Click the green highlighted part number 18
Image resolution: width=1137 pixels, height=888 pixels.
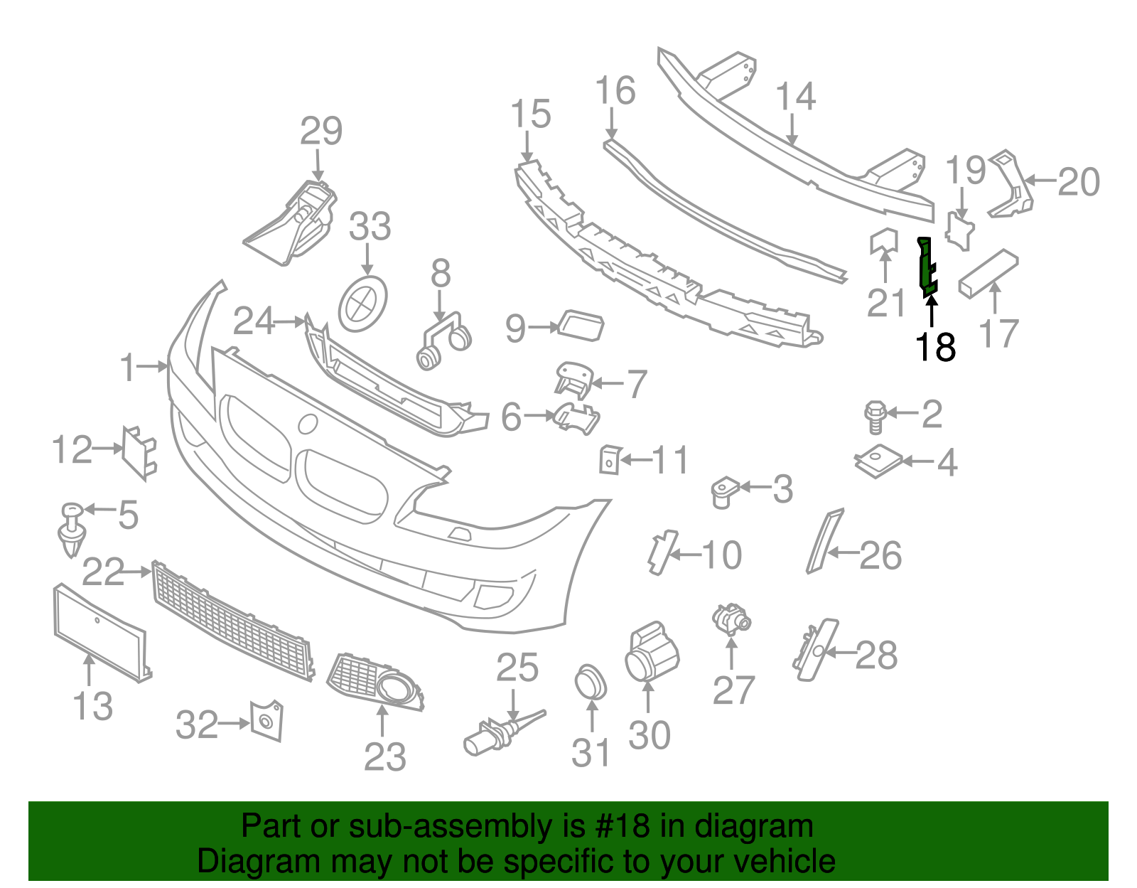tap(927, 267)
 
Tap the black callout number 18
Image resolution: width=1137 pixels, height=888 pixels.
tap(935, 348)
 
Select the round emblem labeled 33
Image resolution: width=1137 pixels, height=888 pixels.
tap(363, 304)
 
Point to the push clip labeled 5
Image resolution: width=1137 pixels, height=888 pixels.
tap(72, 530)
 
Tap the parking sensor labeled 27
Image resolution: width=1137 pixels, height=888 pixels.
tap(731, 619)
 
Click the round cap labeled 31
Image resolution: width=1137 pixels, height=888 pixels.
tap(591, 682)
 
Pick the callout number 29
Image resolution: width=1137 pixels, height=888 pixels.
tap(321, 131)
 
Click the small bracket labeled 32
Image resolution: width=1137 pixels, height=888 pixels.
tap(267, 721)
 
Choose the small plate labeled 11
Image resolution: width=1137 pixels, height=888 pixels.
tap(610, 459)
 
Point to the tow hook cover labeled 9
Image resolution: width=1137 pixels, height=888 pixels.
tap(581, 326)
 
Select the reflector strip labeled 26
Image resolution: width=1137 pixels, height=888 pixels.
tap(825, 540)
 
